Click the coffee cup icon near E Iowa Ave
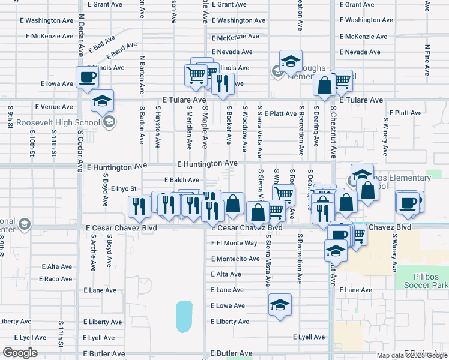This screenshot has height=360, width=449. tap(88, 77)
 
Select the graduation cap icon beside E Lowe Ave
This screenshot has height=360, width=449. tap(280, 305)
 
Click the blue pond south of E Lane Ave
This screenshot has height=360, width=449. tap(184, 317)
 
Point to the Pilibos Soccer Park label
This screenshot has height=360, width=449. tap(422, 280)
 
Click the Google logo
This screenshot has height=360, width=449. tap(20, 352)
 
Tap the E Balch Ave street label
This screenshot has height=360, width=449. tap(182, 180)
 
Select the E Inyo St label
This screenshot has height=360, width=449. tap(124, 188)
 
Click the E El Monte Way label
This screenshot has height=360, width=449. tap(234, 243)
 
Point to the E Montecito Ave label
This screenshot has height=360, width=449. tap(235, 259)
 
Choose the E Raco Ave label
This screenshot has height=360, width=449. tap(56, 279)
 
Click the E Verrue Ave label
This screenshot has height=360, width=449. tap(54, 107)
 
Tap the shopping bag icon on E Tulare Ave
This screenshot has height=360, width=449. tap(324, 86)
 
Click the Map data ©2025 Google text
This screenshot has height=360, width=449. tap(412, 355)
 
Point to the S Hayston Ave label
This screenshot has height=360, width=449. tap(158, 127)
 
